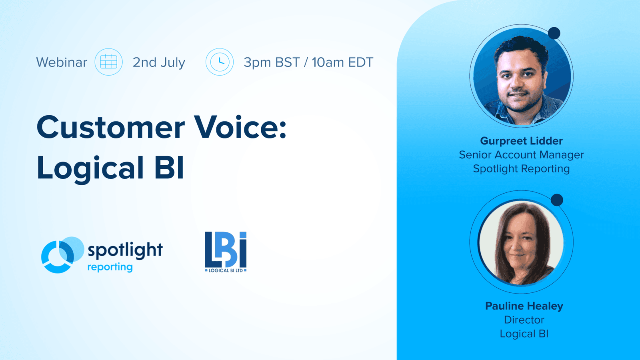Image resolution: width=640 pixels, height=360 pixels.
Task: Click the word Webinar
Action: point(62,62)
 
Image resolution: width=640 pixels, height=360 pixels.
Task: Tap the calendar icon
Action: point(108,62)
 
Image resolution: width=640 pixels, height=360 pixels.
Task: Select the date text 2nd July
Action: point(159,62)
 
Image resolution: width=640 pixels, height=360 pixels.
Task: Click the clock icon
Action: point(219,62)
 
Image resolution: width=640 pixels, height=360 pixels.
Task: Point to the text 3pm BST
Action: point(272,62)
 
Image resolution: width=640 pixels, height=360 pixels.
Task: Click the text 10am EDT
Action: point(342,62)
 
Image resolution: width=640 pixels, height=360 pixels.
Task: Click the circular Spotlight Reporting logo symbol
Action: point(61,255)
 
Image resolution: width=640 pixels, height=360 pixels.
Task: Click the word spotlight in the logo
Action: point(125,250)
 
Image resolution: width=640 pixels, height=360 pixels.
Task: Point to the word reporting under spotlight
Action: point(110,267)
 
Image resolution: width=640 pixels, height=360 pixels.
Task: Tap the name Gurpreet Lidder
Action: point(521,141)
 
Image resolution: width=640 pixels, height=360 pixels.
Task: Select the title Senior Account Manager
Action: point(521,155)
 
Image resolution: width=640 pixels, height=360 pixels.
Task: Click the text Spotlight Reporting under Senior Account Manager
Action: point(521,169)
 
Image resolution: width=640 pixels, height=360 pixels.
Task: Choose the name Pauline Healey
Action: point(524,306)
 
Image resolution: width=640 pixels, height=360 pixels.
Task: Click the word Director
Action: point(524,320)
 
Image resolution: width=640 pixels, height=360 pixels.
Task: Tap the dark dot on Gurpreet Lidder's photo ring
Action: point(554,33)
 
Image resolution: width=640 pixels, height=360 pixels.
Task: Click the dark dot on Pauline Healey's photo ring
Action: point(557,200)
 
